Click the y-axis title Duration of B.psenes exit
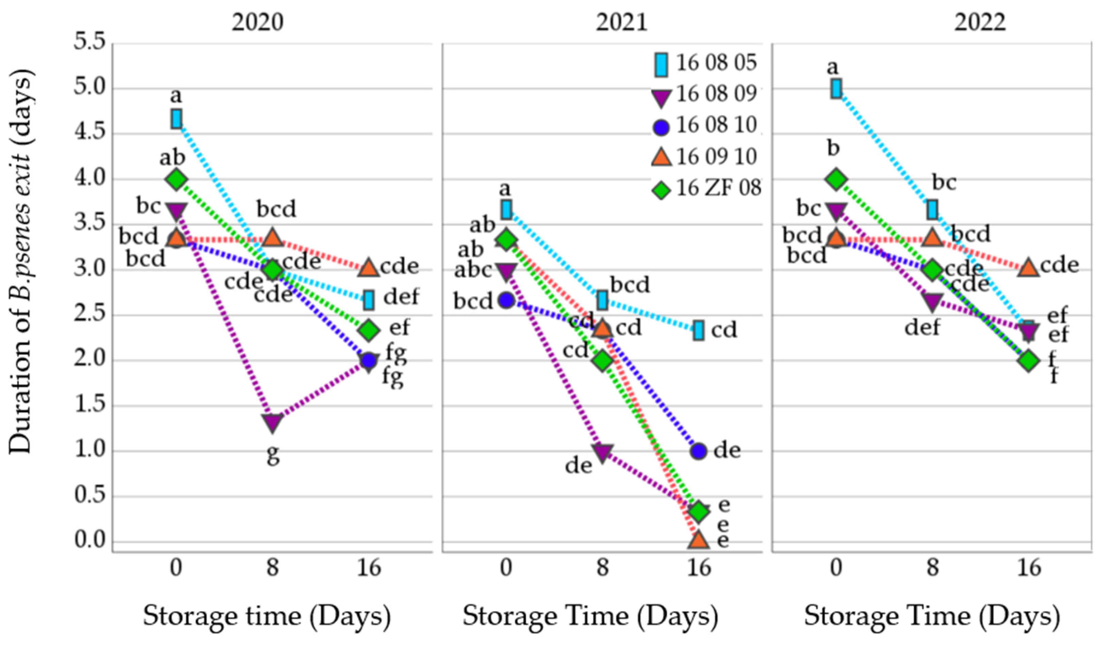pos(21,263)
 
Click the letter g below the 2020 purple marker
pos(273,455)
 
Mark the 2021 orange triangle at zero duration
pos(698,540)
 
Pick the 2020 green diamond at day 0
pos(176,180)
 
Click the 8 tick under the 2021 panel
pos(603,568)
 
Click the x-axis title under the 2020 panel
pos(267,616)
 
